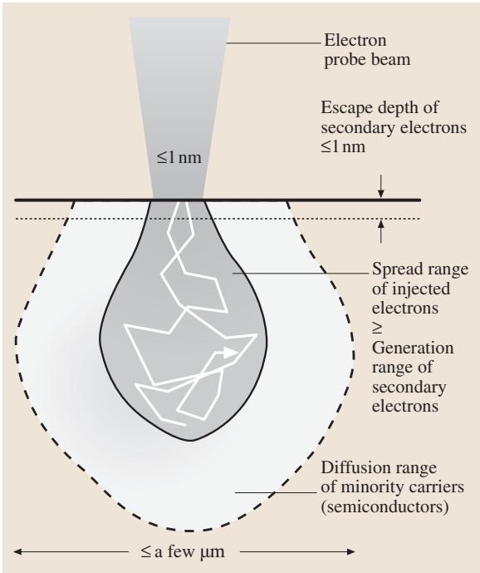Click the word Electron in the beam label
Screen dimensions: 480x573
coord(355,40)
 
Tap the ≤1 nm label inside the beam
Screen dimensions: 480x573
coord(179,157)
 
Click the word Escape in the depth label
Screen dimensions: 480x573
coord(347,107)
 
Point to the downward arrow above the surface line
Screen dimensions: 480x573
coord(381,186)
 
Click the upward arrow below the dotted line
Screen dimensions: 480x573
coord(381,232)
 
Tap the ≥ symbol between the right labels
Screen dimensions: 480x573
coord(377,328)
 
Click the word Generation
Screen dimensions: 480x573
coord(413,348)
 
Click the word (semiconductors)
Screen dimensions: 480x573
coord(384,507)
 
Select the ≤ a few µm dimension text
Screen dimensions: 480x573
coord(183,551)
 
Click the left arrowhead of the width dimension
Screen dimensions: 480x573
coord(18,551)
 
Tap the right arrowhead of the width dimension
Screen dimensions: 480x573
coord(350,551)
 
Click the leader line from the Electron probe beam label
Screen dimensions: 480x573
coord(275,43)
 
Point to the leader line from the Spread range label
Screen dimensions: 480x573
coord(301,273)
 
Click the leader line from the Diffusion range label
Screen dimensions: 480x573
coord(276,492)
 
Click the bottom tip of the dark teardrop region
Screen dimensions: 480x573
coord(191,441)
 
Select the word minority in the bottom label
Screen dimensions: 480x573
coord(374,487)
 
